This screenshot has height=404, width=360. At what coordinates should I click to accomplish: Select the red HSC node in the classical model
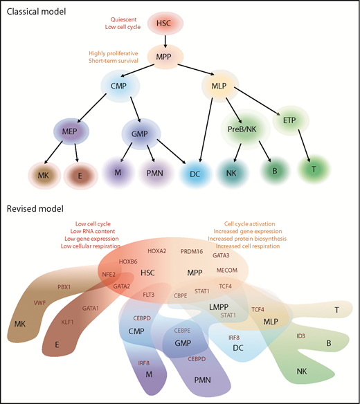tap(163, 24)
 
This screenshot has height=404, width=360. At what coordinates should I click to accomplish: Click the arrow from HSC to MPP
tap(164, 41)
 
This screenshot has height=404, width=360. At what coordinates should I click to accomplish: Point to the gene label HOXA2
tap(157, 251)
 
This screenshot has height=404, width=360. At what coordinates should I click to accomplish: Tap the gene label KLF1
tap(67, 322)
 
